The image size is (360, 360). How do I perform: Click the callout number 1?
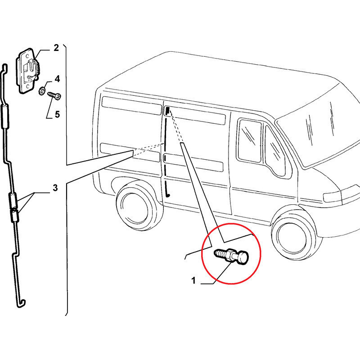(193, 280)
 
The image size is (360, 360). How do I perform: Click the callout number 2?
(56, 48)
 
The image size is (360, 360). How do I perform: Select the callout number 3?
(55, 188)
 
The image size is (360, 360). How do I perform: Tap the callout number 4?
(57, 79)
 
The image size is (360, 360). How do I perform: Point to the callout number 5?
(58, 114)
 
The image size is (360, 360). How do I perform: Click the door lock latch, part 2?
(27, 71)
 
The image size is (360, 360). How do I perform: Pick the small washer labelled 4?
(42, 90)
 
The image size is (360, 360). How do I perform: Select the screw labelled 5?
(54, 95)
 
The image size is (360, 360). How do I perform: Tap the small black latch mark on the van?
(167, 111)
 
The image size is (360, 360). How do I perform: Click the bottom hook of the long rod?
(21, 303)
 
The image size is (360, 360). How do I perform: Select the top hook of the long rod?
(4, 68)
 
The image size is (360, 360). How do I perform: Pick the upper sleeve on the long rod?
(5, 116)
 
